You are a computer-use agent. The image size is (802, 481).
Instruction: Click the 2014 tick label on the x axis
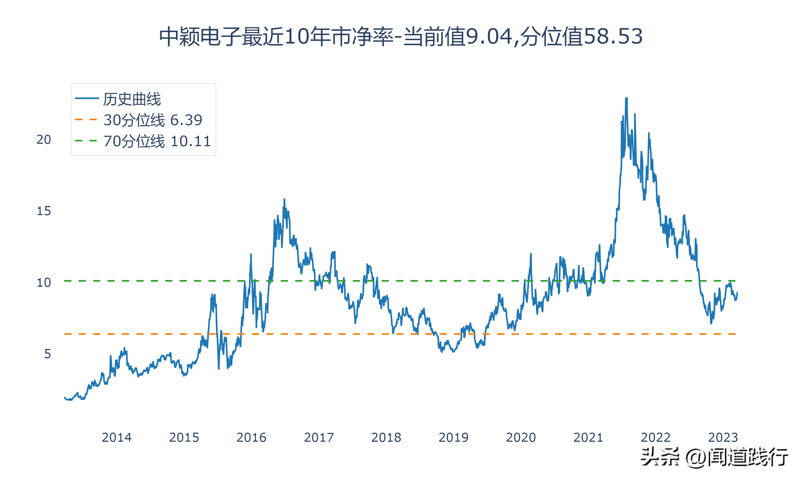click(x=117, y=437)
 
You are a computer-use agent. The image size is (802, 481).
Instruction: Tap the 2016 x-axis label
click(x=251, y=437)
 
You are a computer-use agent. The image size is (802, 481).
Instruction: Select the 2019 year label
click(x=453, y=437)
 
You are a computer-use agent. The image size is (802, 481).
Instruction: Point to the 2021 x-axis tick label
click(x=588, y=437)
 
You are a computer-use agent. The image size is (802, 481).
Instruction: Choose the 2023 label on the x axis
click(x=723, y=437)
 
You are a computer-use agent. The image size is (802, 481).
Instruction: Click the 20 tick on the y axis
click(x=44, y=140)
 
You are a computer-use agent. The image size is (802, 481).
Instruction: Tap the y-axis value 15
click(x=44, y=211)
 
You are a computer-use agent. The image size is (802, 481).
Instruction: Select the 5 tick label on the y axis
click(x=48, y=354)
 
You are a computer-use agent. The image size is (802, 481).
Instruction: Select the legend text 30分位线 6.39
click(x=153, y=120)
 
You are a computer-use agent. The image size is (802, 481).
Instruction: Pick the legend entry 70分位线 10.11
click(x=157, y=141)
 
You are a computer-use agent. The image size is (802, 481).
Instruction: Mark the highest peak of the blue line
click(x=627, y=98)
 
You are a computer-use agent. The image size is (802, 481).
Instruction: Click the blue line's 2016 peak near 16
click(x=284, y=199)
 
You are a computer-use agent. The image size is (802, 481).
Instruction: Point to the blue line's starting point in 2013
click(x=65, y=397)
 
